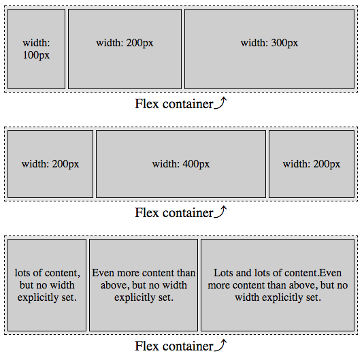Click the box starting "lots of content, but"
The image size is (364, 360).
[46, 284]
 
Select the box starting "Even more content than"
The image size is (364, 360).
[144, 284]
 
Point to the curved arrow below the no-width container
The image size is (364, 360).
[220, 345]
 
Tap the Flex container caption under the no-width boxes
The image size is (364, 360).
[174, 346]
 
